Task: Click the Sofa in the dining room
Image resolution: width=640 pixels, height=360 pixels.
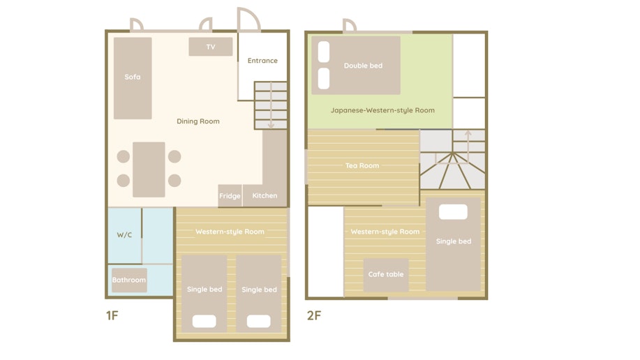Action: click(133, 78)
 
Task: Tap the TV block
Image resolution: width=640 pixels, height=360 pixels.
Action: click(211, 47)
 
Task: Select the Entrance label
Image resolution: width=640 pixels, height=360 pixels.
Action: click(262, 61)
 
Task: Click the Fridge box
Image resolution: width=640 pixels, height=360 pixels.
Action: click(230, 195)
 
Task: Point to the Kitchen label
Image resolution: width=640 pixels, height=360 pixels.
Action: click(265, 195)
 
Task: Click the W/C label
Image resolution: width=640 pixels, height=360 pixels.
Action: click(124, 234)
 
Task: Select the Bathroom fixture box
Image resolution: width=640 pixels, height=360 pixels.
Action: click(129, 280)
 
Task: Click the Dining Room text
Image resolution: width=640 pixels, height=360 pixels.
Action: click(198, 121)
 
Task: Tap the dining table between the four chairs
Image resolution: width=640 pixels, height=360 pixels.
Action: click(149, 170)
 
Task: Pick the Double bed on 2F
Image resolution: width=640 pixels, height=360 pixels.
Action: click(356, 66)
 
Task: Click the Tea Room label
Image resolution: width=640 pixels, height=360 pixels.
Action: click(362, 165)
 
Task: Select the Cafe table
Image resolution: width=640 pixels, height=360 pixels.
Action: click(386, 275)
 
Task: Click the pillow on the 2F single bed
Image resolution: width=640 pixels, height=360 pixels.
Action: click(453, 212)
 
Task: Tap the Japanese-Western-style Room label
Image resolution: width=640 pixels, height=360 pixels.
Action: click(382, 110)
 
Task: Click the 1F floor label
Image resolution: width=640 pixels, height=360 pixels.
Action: click(112, 315)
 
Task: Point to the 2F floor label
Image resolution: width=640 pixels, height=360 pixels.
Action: click(314, 315)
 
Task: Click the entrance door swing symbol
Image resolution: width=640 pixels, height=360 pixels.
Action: click(248, 19)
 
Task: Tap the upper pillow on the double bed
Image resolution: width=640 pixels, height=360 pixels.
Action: click(324, 52)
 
